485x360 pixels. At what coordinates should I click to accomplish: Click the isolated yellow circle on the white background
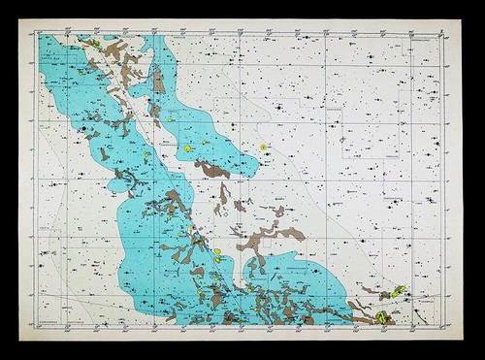pyautogui.click(x=263, y=147)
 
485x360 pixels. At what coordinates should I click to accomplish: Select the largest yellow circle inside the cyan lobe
pyautogui.click(x=187, y=148)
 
